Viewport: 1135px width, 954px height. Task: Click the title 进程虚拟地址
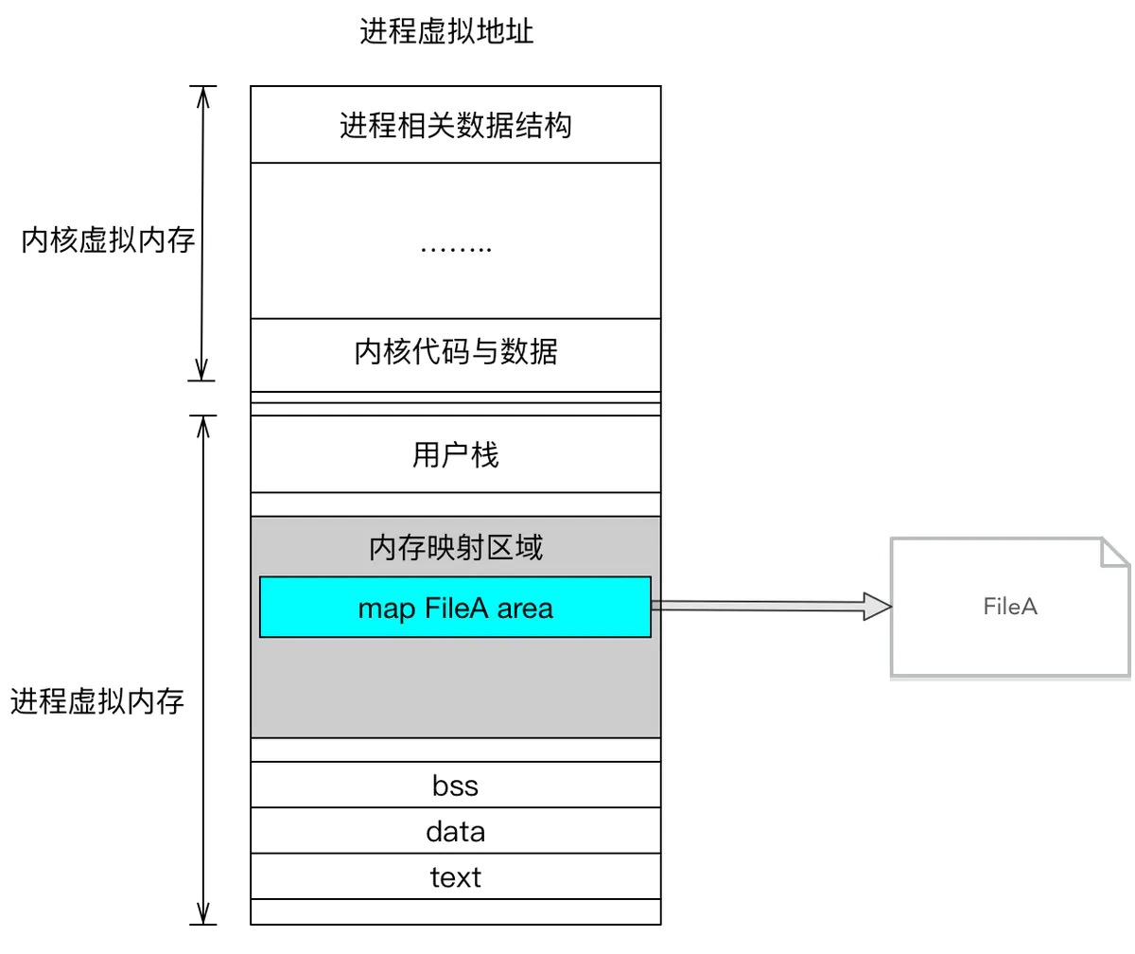pos(446,33)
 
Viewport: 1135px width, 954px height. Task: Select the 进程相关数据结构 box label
pos(455,125)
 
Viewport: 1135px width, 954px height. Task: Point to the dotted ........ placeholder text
pos(455,249)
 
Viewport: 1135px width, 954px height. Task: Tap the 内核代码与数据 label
pos(455,352)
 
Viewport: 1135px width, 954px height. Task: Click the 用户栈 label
pos(455,455)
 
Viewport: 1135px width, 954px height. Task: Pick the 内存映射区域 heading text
pos(455,547)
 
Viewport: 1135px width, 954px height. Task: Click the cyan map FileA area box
pos(455,607)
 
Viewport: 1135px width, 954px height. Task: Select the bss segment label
pos(455,786)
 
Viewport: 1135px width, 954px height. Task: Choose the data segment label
pos(455,832)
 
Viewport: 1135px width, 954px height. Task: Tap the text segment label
pos(455,877)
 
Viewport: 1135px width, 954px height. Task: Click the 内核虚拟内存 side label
pos(108,241)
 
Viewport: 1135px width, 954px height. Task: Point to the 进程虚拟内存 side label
pos(97,702)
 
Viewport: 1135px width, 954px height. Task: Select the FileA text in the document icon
pos(1010,607)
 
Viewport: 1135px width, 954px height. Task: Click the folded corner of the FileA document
pos(1115,552)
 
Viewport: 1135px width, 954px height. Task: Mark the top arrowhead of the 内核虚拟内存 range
pos(201,95)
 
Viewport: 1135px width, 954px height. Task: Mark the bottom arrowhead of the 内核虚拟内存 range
pos(201,372)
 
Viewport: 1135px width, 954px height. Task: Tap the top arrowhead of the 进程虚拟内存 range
pos(201,424)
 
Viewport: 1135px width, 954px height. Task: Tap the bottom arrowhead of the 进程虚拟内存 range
pos(201,914)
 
